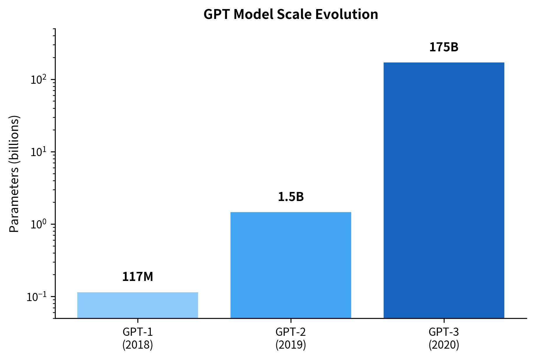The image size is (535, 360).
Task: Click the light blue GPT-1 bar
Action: coord(137,305)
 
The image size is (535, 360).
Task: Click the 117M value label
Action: coord(137,277)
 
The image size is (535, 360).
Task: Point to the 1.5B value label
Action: coord(291,197)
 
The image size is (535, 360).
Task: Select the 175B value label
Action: coord(444,47)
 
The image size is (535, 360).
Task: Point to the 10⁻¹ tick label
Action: coord(37,297)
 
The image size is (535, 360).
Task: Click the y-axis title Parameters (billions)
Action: coord(14,174)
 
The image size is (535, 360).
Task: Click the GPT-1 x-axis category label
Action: coord(137,332)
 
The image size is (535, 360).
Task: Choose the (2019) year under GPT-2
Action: coord(291,345)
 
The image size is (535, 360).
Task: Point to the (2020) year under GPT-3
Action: coord(444,345)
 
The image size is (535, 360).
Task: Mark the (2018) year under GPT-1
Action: coord(137,345)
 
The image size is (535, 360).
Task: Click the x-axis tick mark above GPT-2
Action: coord(291,321)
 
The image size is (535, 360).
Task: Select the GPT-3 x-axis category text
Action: coord(444,332)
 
